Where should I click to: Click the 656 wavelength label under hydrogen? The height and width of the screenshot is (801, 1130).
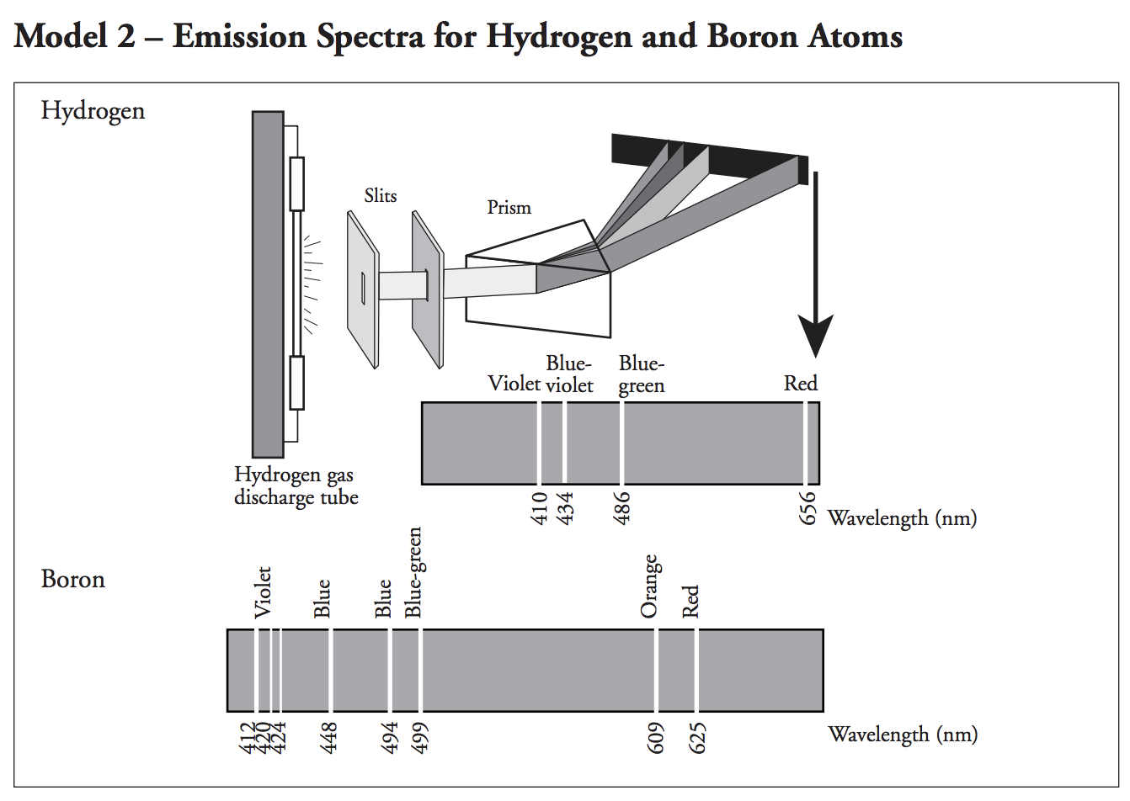click(807, 508)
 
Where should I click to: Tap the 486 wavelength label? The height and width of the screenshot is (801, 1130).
click(621, 508)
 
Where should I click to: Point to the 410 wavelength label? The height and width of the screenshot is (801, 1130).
click(540, 508)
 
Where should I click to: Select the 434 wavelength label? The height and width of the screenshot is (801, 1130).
click(566, 508)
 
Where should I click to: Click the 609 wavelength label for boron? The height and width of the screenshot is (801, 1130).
click(657, 738)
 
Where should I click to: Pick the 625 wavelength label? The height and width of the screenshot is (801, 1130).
click(697, 738)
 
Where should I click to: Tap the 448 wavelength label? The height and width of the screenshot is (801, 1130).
click(330, 738)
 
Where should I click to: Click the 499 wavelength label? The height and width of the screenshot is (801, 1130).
click(421, 738)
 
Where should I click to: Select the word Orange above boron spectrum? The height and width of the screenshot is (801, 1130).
click(648, 586)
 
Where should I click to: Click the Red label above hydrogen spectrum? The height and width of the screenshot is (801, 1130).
click(800, 384)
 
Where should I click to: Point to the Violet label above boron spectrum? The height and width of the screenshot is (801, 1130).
click(263, 592)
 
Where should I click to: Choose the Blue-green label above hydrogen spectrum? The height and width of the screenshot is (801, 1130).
click(642, 374)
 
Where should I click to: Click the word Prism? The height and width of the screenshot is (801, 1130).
click(509, 207)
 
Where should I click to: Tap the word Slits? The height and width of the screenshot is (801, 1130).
click(380, 195)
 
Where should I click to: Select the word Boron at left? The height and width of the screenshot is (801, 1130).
click(73, 579)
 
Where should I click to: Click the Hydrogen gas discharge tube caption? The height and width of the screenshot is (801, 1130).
click(296, 486)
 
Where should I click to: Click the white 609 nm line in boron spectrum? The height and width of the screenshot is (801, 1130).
click(656, 670)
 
